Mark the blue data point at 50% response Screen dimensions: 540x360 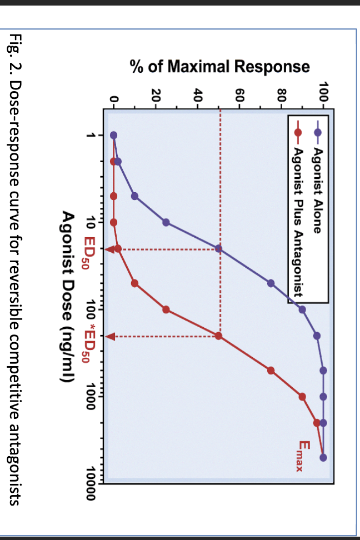click(x=219, y=249)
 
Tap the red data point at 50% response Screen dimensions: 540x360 click(x=219, y=336)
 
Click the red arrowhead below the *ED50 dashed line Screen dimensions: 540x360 click(x=109, y=336)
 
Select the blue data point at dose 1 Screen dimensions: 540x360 click(x=114, y=135)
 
